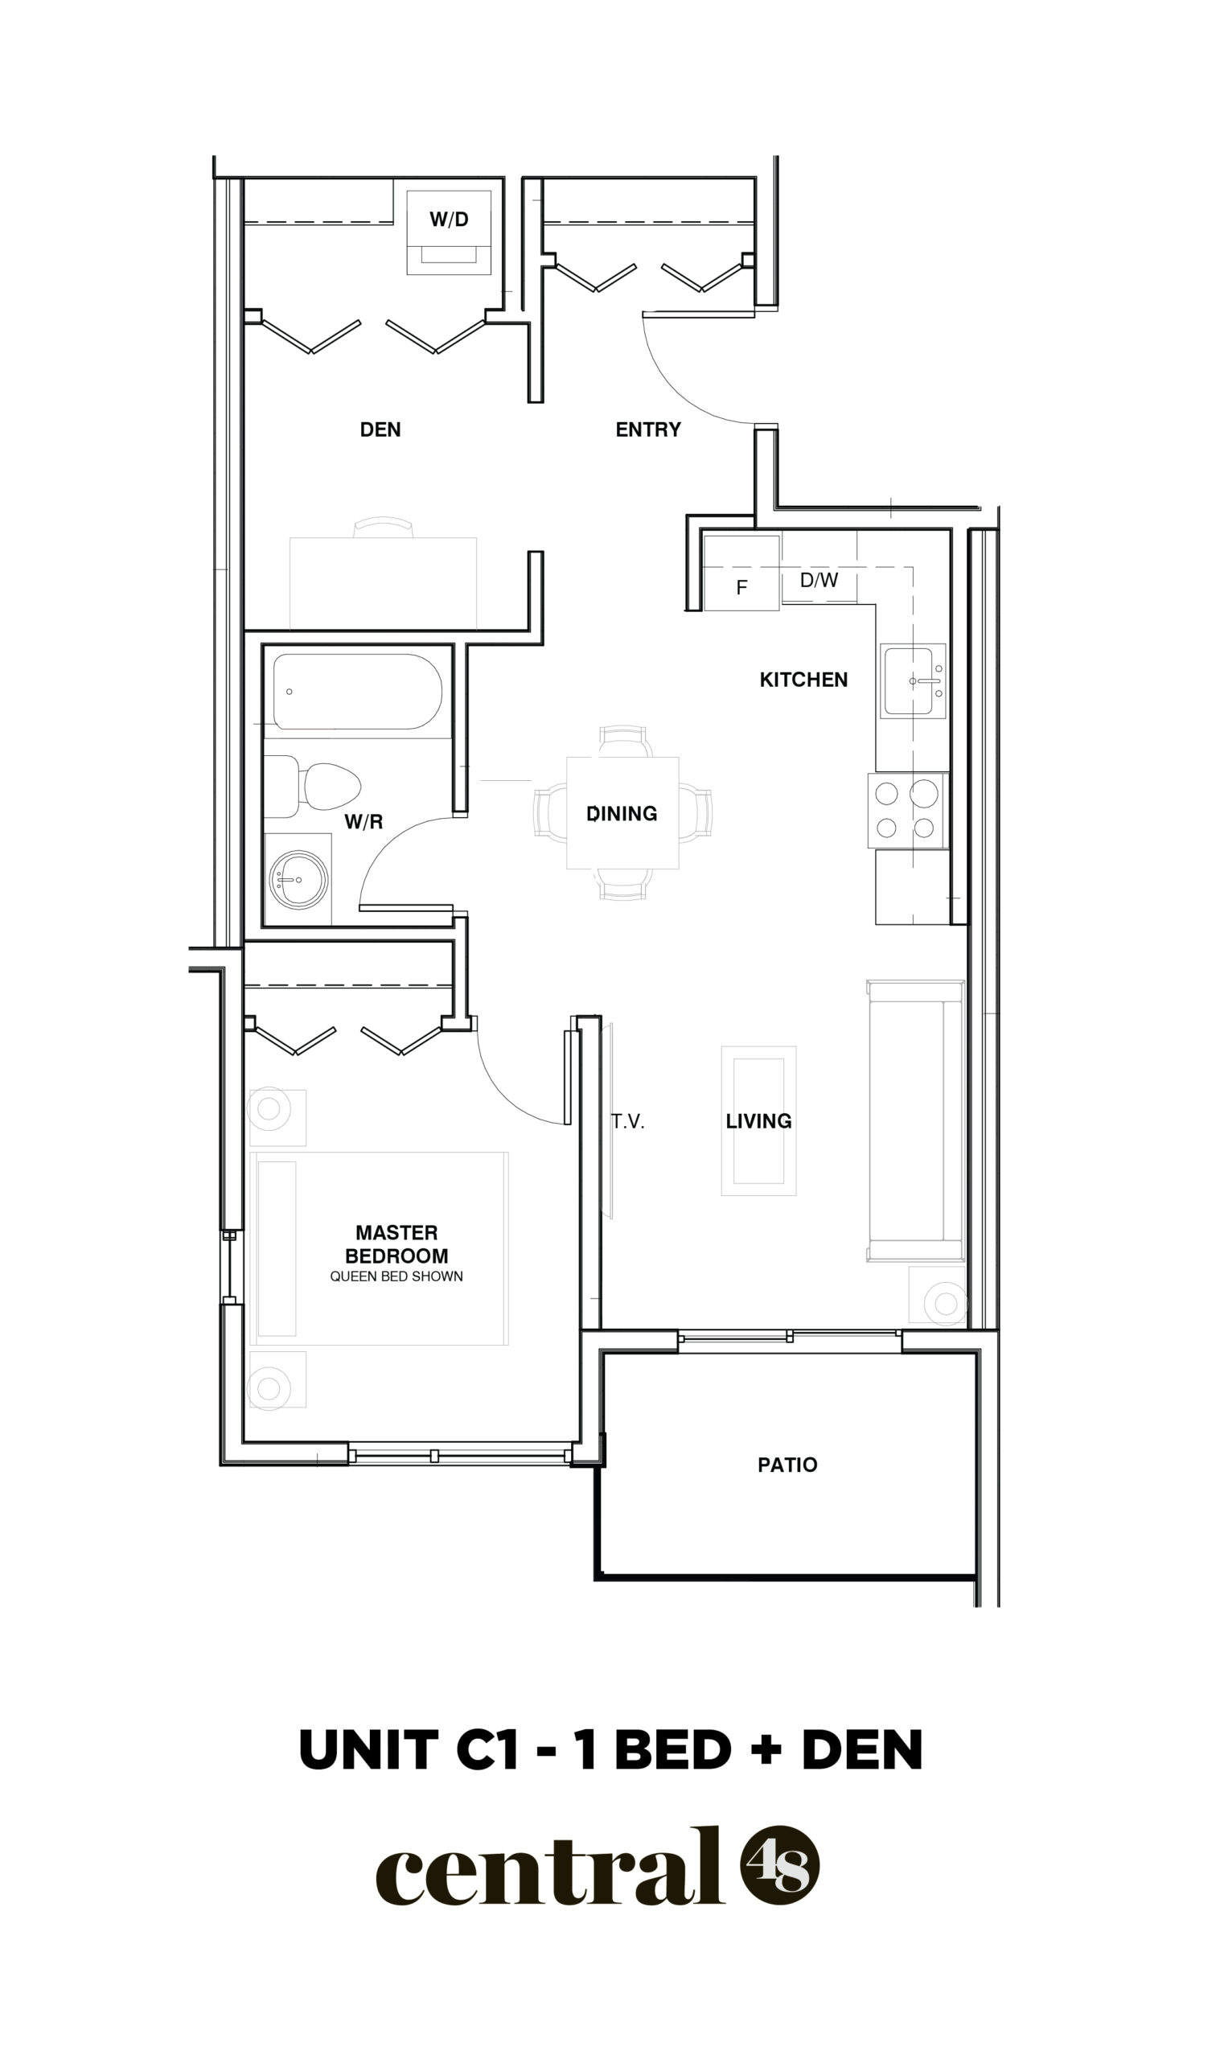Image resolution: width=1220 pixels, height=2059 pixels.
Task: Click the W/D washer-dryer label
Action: [449, 220]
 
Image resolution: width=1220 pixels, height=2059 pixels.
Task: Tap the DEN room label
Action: [380, 429]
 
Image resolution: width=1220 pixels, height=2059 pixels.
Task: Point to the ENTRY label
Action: [649, 429]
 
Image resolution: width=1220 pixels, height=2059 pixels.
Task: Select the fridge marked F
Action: [741, 572]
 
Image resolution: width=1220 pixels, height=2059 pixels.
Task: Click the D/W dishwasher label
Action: [819, 581]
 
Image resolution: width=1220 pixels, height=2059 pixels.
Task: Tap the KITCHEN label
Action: [803, 680]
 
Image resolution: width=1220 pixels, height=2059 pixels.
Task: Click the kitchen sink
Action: [913, 681]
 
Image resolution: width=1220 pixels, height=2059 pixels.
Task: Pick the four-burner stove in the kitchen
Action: [909, 811]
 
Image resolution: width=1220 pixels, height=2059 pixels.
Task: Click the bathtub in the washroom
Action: [358, 691]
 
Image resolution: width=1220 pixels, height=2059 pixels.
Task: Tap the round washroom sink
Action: [298, 879]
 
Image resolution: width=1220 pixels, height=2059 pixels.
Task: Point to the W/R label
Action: [364, 822]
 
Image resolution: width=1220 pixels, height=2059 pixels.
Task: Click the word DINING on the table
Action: [622, 814]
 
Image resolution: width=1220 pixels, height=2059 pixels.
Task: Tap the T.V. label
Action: [627, 1122]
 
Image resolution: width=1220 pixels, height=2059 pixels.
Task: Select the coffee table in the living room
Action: [759, 1120]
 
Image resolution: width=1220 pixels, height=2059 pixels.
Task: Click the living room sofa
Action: [916, 1120]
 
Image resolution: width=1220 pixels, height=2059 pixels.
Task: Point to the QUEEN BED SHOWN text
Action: [396, 1276]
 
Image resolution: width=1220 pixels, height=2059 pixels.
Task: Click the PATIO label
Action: [787, 1465]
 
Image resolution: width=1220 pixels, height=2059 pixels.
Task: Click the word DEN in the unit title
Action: [862, 1750]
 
